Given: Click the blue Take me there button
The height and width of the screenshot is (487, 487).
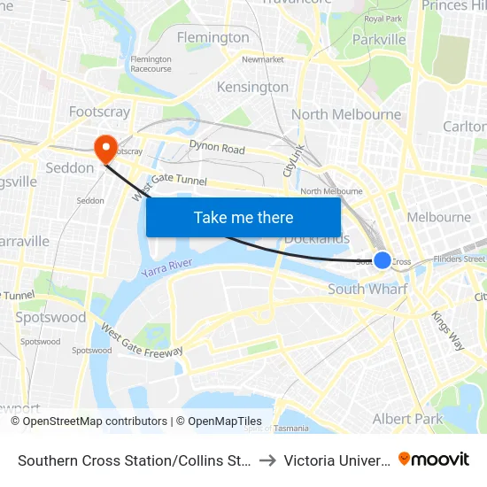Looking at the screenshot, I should coord(243,217).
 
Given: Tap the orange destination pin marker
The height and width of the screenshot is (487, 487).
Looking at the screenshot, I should coord(104,147).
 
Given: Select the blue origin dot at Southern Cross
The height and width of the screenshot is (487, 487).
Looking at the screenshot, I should coord(382,259).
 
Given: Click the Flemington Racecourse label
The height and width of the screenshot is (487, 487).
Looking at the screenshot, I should coord(151,64).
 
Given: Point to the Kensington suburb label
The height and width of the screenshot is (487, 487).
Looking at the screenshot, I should coord(253,87).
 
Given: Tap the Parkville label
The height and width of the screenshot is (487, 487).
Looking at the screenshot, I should coord(379,40).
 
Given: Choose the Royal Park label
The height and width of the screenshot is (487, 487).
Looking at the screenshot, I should coord(383,19).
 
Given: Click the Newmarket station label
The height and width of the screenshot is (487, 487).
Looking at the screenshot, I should coord(262,59).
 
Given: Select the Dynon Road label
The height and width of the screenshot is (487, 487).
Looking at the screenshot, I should coord(217,148).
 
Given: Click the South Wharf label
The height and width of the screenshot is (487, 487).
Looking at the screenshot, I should coord(367,290).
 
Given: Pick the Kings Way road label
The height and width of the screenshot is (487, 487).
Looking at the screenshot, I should coord(447,329).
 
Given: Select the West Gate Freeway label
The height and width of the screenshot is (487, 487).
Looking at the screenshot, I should coord(142,341).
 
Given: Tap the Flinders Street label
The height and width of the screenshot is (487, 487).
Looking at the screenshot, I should coord(460,259).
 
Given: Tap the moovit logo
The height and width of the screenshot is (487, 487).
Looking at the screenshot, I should coord(434,459).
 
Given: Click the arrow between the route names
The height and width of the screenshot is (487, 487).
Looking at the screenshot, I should coord(268,460).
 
